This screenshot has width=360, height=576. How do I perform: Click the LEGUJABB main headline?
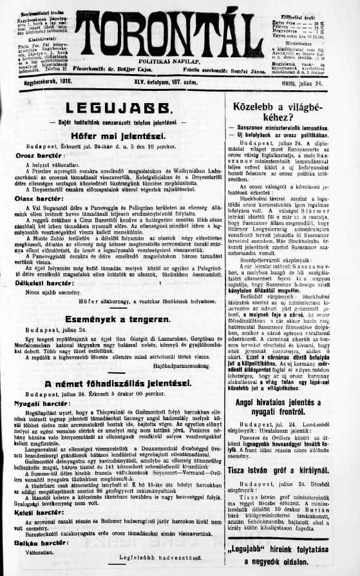pyautogui.click(x=110, y=108)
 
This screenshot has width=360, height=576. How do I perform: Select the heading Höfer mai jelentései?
pyautogui.click(x=111, y=136)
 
